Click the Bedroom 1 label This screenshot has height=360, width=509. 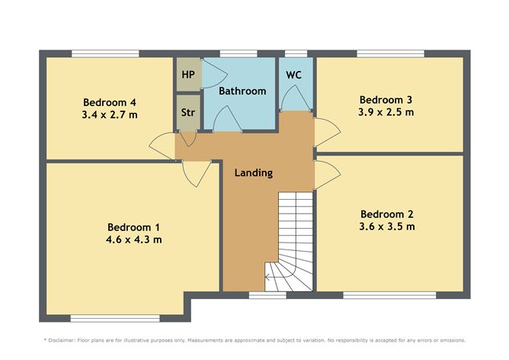134,227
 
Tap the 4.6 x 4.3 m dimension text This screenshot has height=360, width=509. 134,239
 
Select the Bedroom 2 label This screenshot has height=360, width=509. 387,214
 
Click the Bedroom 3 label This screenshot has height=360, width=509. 386,99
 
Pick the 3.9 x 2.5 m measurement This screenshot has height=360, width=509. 386,112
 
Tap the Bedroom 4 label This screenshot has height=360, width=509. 110,102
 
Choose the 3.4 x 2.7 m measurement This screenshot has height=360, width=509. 110,114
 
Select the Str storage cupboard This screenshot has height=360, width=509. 187,113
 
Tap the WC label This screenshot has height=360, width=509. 295,76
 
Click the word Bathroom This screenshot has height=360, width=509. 242,91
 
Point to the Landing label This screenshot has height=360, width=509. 253,173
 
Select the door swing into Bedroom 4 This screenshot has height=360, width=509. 163,143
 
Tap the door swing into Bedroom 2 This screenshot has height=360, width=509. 325,175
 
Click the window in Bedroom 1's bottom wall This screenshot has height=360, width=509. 114,318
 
